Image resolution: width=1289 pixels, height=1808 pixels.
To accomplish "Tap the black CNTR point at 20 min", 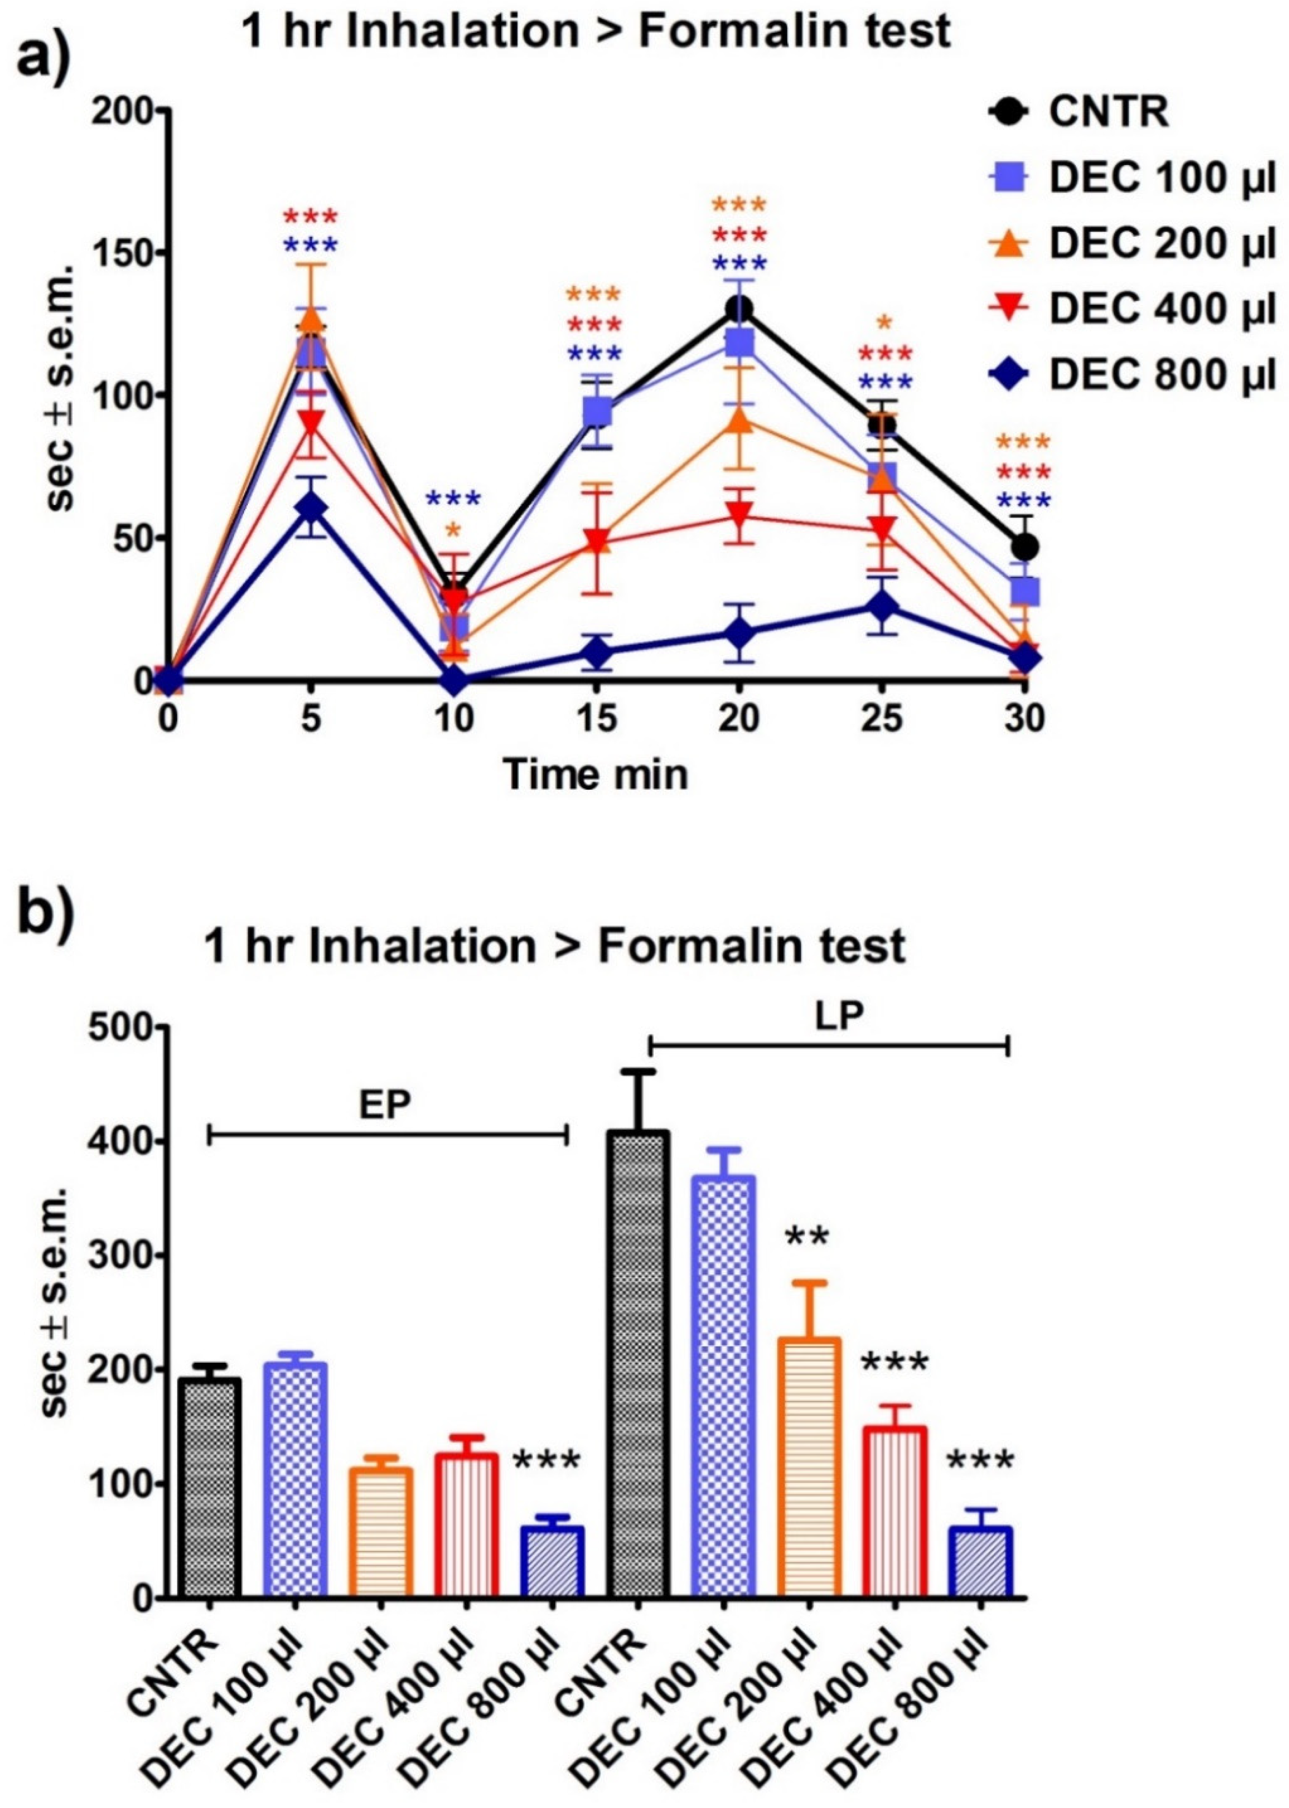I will (739, 309).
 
